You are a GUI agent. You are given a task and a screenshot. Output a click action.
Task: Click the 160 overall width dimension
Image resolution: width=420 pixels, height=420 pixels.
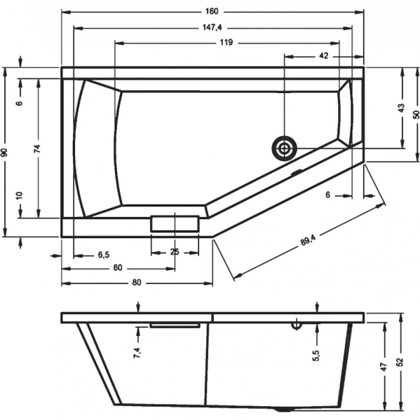click(212, 11)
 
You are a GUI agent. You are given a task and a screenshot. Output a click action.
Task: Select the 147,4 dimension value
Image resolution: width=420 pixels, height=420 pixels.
click(212, 27)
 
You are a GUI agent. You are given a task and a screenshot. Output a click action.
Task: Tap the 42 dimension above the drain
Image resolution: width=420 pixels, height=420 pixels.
click(323, 56)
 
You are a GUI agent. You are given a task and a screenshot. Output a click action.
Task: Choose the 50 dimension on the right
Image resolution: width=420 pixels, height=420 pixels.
click(414, 114)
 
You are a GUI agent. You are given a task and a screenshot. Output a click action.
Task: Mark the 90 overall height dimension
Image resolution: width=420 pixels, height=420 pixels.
click(5, 152)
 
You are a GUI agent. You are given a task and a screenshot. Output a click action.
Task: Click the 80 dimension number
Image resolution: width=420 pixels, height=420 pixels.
click(137, 282)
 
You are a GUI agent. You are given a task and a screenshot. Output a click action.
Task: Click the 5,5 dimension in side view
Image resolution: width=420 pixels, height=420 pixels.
click(316, 356)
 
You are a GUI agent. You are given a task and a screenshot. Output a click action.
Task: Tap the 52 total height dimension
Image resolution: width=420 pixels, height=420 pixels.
click(400, 363)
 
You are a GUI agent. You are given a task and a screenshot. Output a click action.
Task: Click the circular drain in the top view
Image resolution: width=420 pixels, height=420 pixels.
click(285, 148)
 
